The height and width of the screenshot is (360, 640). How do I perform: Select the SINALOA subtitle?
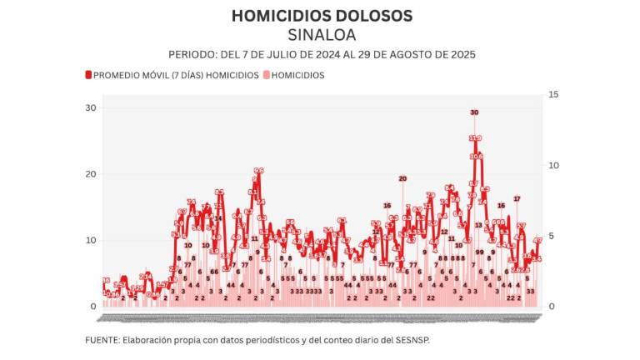pos(321,35)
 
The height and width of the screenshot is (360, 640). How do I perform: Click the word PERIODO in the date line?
pos(191,54)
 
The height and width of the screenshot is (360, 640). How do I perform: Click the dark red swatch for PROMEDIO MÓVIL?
pos(88,75)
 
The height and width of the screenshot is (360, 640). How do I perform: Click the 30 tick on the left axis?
pos(90,108)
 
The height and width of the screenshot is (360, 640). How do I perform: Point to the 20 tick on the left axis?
pos(90,174)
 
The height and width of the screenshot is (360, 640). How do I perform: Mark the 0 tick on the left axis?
pos(93,307)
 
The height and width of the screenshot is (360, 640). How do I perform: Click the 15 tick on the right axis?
pos(553,95)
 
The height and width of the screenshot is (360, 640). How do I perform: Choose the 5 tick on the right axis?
pos(551,236)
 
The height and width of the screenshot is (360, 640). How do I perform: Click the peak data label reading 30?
pos(474,112)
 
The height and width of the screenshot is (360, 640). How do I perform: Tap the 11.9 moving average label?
pos(475,138)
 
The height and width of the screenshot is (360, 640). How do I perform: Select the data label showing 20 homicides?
pos(402,178)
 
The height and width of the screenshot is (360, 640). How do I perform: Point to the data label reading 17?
pos(517,198)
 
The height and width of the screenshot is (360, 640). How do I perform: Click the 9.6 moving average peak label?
pos(258,171)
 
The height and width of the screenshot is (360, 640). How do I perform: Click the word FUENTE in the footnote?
pos(102,340)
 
